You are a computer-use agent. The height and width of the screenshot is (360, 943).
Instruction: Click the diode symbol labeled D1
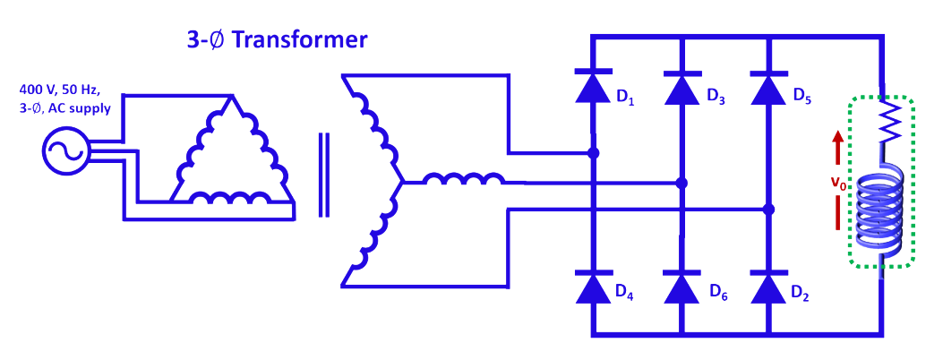coord(593,88)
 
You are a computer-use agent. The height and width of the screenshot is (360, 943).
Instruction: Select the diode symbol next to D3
coord(681,88)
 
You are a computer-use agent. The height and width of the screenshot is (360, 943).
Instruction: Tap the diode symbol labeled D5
coord(767,88)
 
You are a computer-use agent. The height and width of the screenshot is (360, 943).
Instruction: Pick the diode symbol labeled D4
coord(593,287)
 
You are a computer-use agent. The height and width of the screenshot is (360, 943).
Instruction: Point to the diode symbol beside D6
coord(681,287)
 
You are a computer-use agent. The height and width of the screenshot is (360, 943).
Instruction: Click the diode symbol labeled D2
coord(767,287)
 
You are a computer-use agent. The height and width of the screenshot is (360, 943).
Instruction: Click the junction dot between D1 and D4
coord(593,153)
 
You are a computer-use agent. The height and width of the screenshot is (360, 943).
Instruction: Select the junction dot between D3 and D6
coord(681,183)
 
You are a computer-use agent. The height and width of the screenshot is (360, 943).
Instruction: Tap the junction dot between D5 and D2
coord(767,210)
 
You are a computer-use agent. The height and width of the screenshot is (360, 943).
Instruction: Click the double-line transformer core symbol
coord(323,175)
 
